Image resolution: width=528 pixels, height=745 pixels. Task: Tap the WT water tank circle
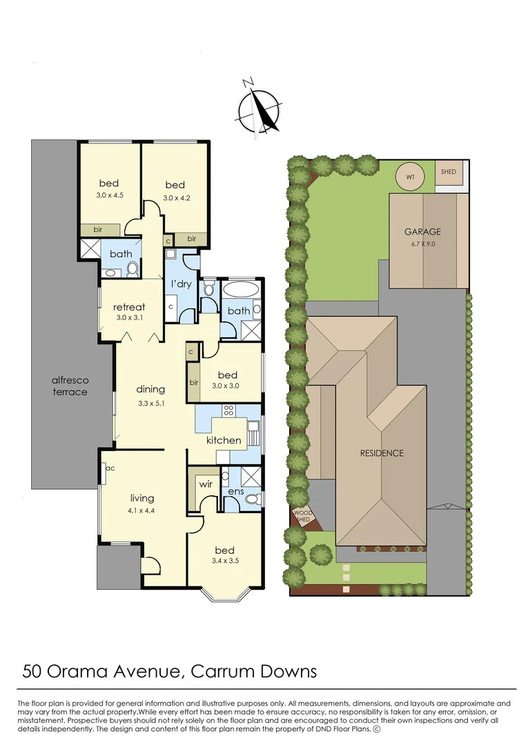410,177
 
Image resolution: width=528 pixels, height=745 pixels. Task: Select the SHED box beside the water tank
449,172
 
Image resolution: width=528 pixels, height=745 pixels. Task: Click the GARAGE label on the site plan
422,232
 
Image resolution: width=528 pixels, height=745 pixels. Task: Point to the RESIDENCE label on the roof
381,453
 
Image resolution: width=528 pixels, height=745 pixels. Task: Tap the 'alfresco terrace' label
70,386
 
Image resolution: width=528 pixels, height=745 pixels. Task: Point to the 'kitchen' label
224,440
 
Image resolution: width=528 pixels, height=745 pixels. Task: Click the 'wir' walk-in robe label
205,485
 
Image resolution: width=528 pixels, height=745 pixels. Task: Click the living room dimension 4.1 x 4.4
142,511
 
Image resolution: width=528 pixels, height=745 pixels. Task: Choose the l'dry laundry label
181,284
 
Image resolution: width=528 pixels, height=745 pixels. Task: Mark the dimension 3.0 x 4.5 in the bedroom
109,196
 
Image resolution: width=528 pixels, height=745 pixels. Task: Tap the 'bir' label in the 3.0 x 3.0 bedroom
194,382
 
